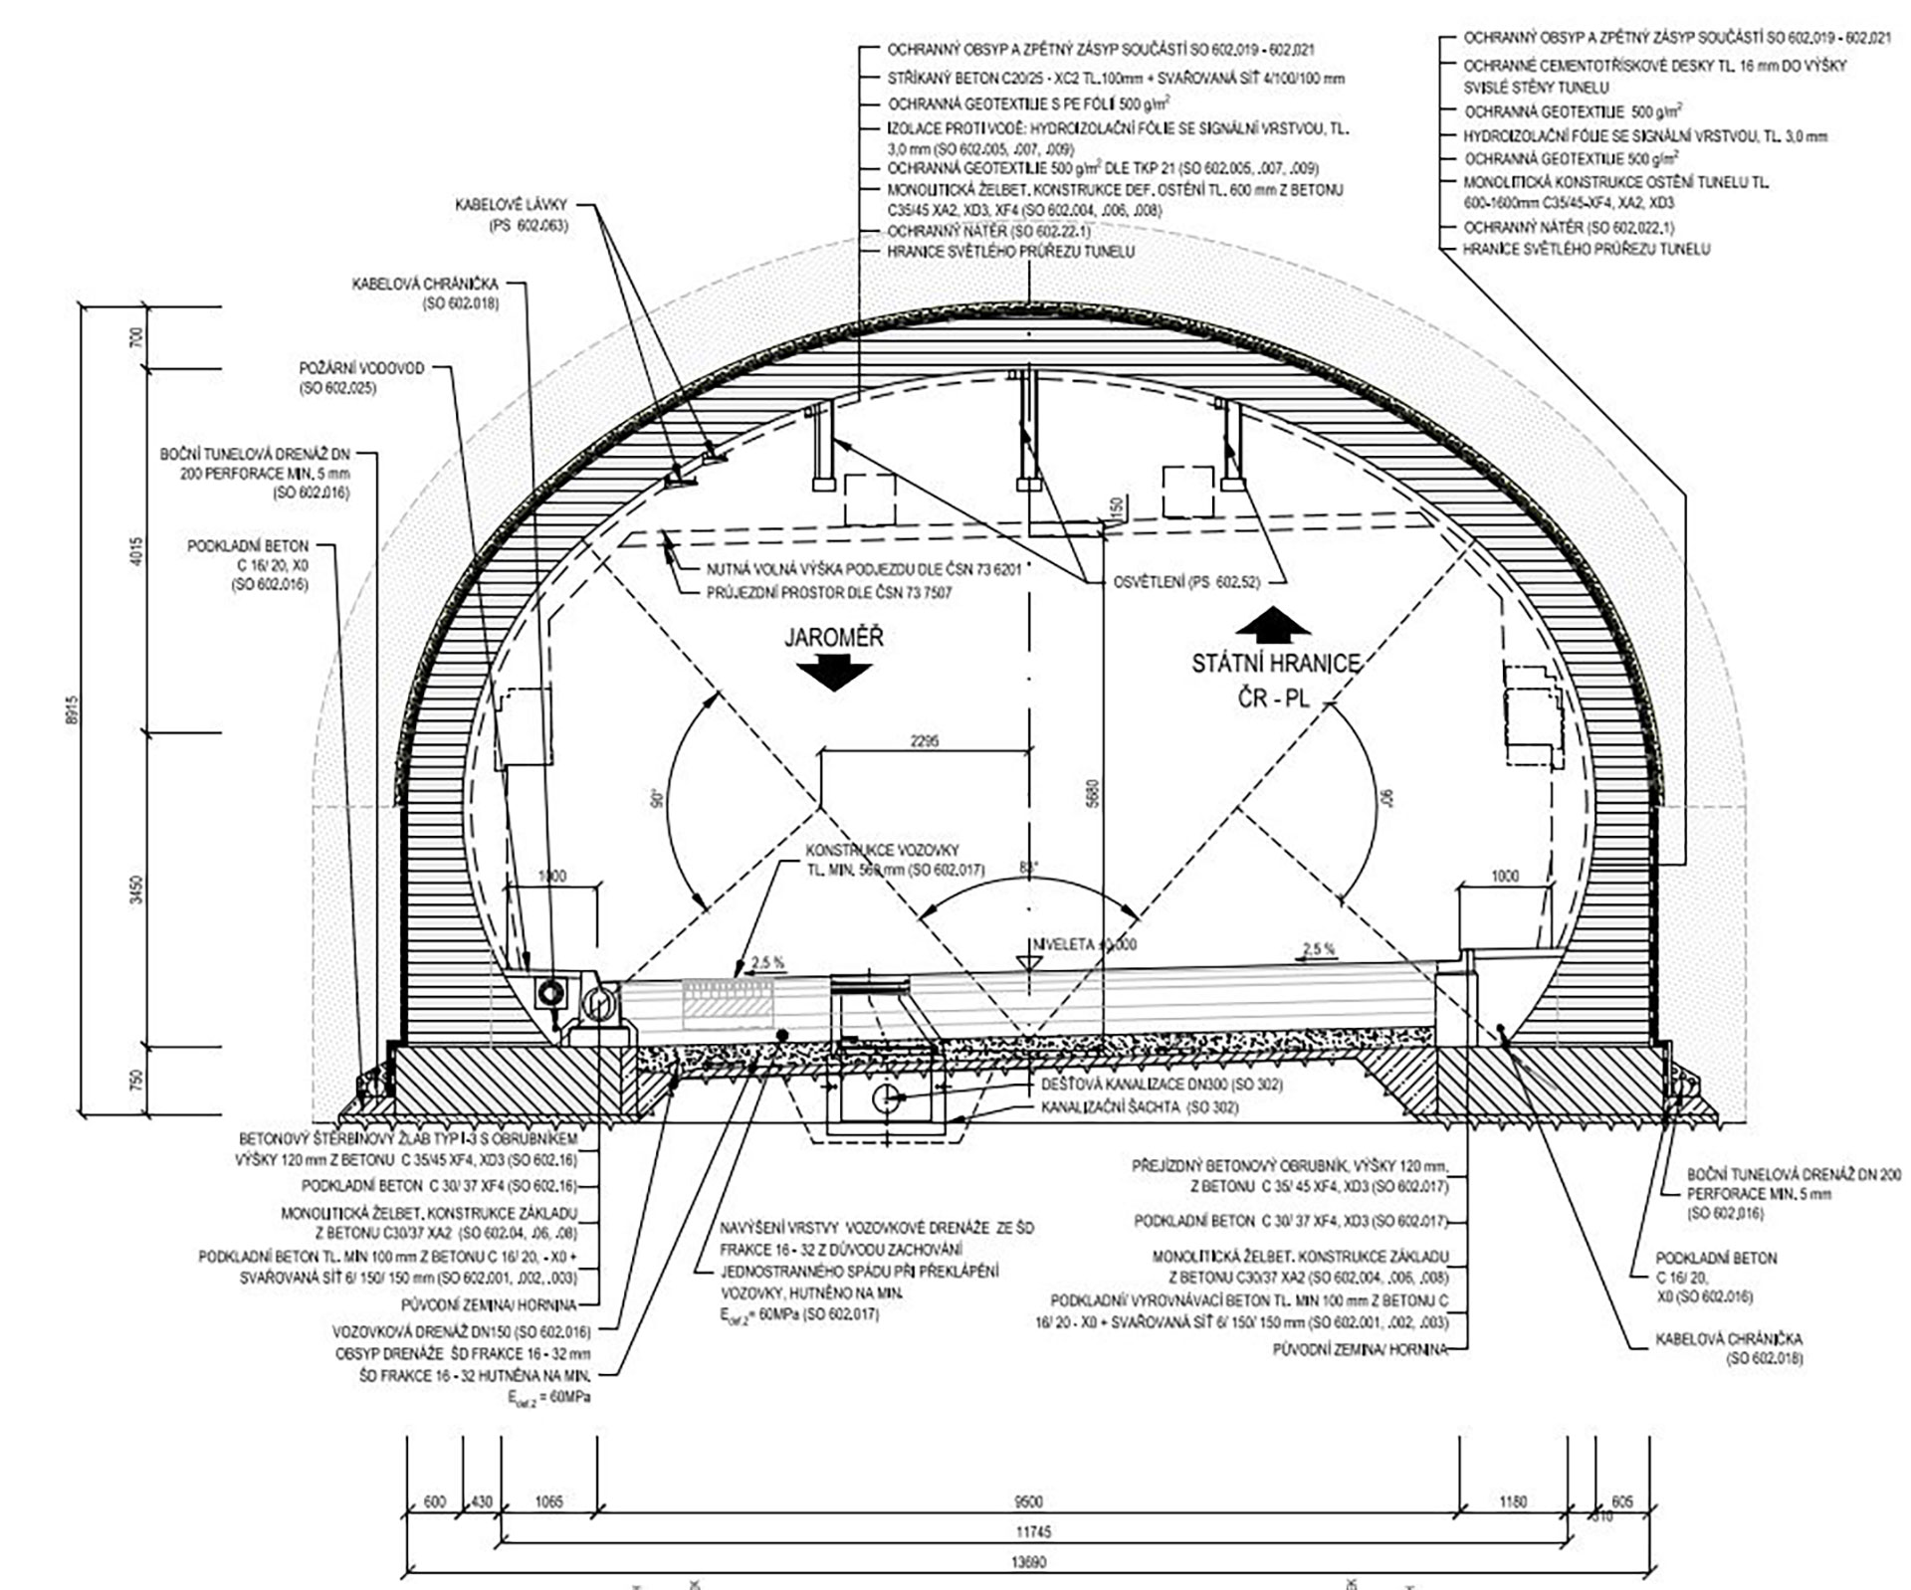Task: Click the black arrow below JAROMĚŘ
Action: point(833,675)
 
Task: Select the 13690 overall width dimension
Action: point(1029,1562)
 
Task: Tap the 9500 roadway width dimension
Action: point(1028,1501)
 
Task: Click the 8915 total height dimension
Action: point(70,710)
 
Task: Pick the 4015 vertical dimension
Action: point(136,550)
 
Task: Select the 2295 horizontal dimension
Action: point(924,741)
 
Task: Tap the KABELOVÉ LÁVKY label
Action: point(512,215)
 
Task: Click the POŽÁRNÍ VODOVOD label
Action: point(361,377)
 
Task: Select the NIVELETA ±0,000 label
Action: point(1084,944)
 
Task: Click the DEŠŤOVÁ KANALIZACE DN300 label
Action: point(1162,1085)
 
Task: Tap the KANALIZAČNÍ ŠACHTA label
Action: point(1140,1106)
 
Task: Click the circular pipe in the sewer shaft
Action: point(884,1098)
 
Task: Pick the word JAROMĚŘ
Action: point(833,637)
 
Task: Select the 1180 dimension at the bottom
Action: point(1512,1501)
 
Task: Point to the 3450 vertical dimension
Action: point(136,889)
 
